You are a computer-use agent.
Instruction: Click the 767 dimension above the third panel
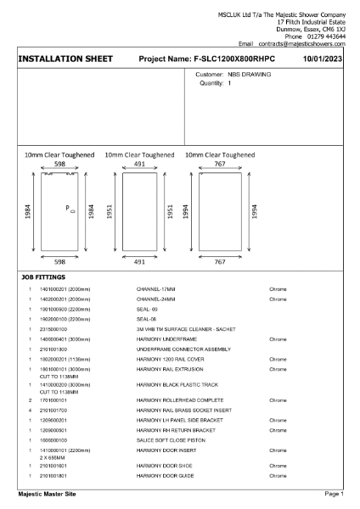[x=220, y=164]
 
